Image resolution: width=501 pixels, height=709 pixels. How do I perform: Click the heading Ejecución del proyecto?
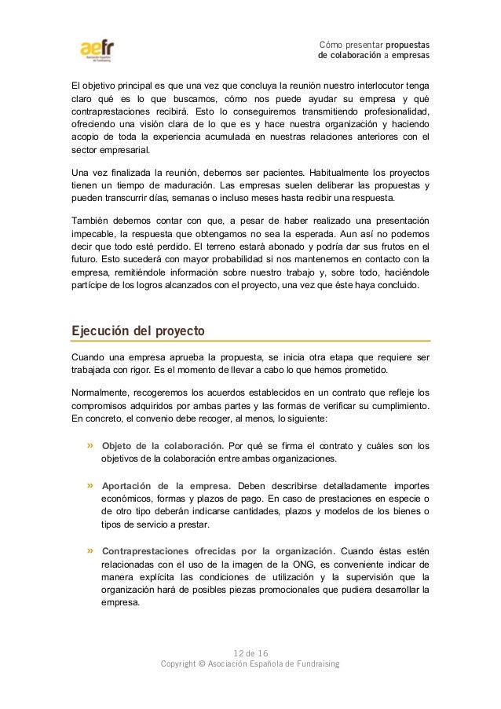[138, 331]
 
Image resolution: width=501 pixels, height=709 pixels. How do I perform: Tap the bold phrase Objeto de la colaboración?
[163, 446]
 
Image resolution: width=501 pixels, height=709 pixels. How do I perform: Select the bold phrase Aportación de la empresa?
[166, 484]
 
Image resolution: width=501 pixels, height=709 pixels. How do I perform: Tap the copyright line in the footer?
[250, 664]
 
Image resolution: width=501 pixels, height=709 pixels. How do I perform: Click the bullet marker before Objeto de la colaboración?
[91, 446]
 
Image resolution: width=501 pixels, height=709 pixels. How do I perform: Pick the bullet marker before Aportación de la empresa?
[91, 484]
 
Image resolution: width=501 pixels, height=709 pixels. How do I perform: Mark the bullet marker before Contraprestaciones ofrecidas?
[91, 549]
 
